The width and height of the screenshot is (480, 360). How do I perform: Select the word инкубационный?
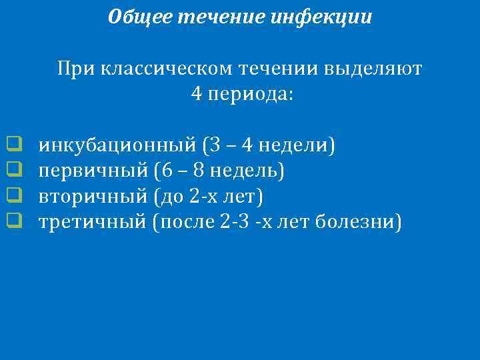(117, 144)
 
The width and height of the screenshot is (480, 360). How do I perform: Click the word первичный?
(93, 171)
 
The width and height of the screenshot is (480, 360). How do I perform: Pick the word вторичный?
(93, 196)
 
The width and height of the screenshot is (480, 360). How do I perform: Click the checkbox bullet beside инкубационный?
(12, 143)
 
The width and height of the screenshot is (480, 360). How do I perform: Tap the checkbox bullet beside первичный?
(12, 169)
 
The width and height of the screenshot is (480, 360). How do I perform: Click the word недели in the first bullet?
(293, 144)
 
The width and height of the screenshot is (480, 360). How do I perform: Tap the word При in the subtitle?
(75, 69)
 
